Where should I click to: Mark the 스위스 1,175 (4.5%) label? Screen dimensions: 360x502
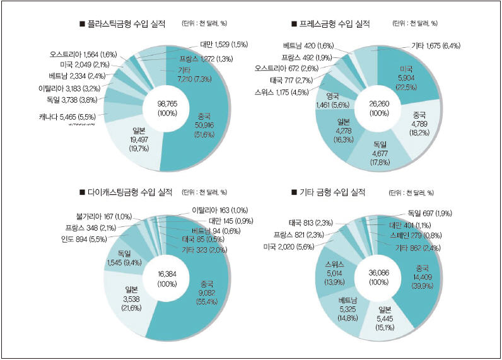tap(282, 92)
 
